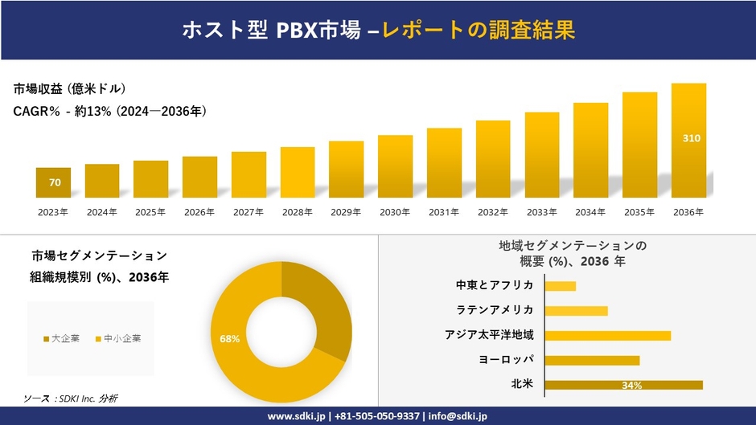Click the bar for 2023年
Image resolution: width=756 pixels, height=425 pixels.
tap(54, 183)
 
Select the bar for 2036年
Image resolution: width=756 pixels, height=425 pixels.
tap(688, 141)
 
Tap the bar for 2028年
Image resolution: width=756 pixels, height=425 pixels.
tap(298, 173)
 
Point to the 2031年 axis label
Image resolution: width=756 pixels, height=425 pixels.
tap(444, 212)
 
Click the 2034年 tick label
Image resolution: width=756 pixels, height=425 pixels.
tap(590, 212)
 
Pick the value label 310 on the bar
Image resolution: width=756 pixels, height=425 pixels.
tap(691, 138)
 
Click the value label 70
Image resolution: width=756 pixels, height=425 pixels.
tap(55, 182)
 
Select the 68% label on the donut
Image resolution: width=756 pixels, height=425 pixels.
tap(229, 339)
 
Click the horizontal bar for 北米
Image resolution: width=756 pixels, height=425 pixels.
tap(623, 385)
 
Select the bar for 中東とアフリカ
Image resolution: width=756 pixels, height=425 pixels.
tap(561, 286)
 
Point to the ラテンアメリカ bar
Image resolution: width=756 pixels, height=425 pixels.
tap(576, 311)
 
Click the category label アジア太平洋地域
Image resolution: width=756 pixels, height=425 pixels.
tap(489, 335)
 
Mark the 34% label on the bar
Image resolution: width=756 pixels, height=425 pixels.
tap(631, 386)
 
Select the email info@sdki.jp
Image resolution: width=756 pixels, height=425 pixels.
tap(458, 416)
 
